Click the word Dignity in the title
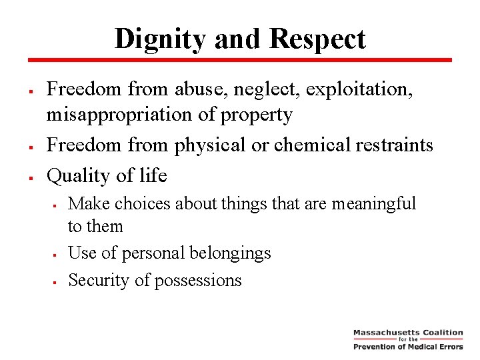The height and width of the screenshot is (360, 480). click(x=159, y=39)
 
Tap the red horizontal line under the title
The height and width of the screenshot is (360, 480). click(x=240, y=59)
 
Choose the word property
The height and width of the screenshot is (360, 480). click(x=255, y=115)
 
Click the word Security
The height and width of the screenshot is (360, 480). click(x=99, y=280)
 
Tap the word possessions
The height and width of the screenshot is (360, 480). click(x=198, y=281)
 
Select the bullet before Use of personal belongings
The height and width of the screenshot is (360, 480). click(x=54, y=255)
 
